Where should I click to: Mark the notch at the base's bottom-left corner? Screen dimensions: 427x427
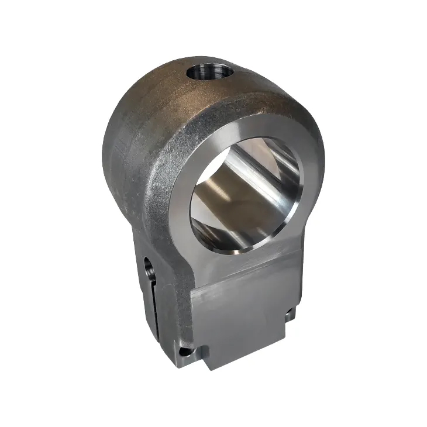[x=186, y=351]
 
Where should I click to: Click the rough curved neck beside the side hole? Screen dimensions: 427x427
[x=167, y=257]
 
